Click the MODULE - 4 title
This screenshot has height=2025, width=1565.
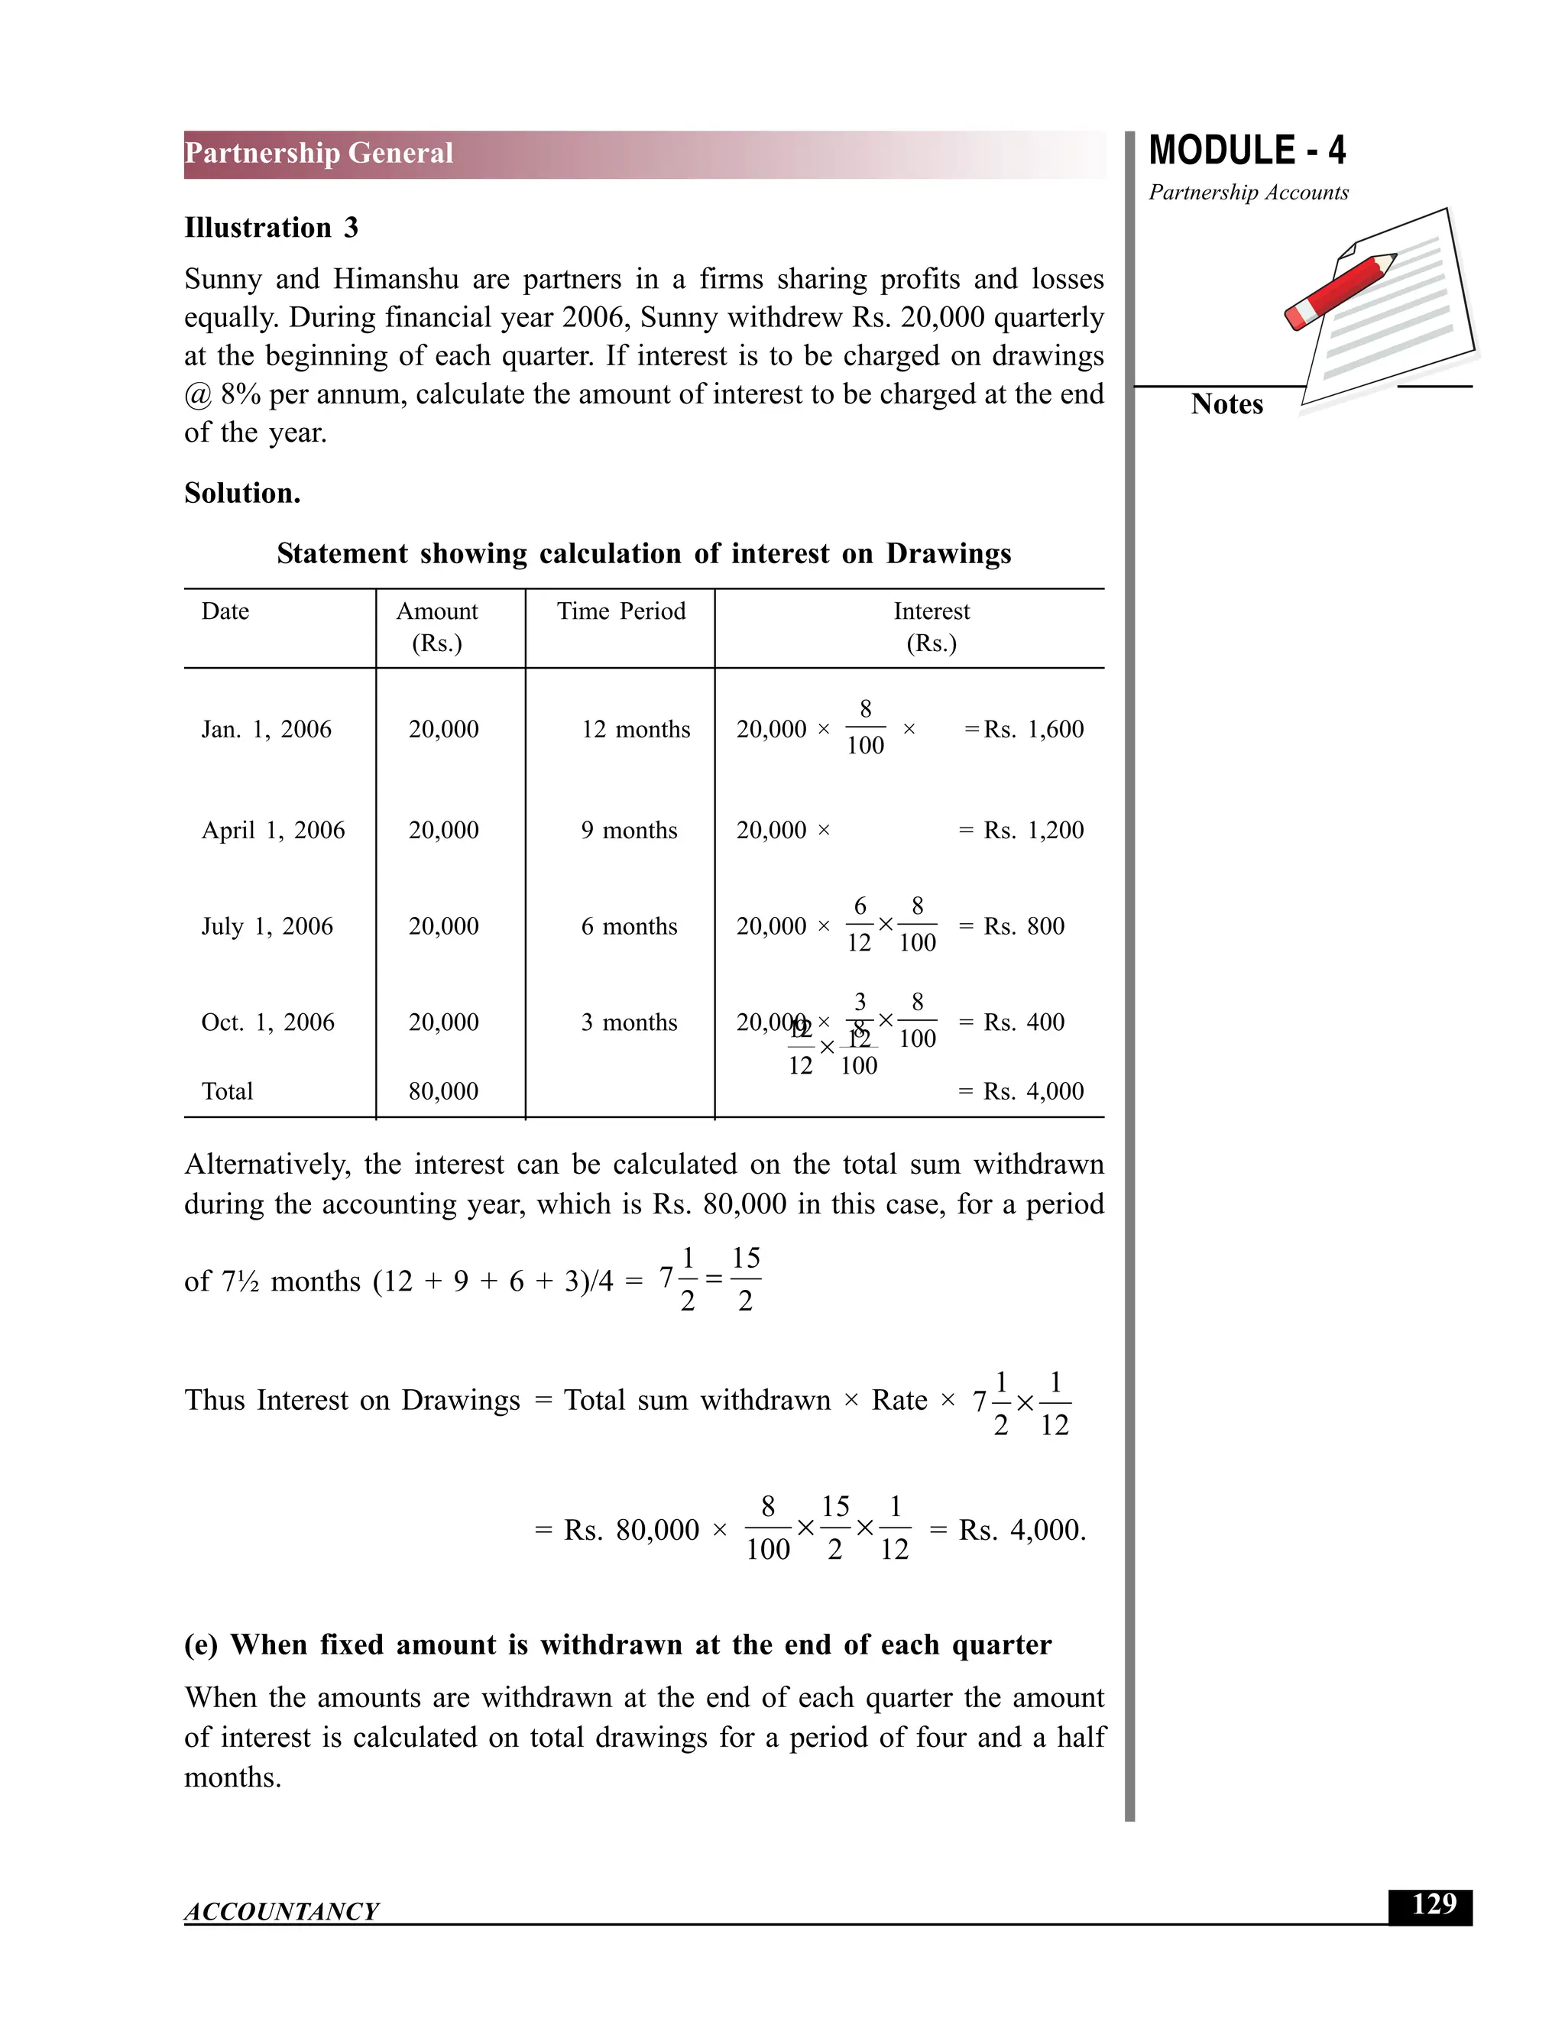click(x=1246, y=151)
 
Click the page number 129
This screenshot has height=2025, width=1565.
click(x=1433, y=1904)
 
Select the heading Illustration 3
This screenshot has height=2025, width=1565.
click(x=271, y=228)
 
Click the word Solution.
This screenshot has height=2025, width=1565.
click(x=242, y=494)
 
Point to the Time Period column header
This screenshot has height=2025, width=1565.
click(x=620, y=612)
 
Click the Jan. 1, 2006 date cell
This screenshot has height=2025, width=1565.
click(x=266, y=730)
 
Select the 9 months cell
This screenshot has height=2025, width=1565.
click(x=629, y=831)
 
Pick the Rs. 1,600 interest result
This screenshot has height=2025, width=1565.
click(x=1033, y=730)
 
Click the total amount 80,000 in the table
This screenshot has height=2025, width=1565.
click(x=443, y=1091)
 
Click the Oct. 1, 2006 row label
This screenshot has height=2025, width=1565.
click(x=267, y=1022)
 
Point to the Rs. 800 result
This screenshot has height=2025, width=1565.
click(x=1023, y=926)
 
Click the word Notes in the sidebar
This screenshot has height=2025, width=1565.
click(x=1226, y=404)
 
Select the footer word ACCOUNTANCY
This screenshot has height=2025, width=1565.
click(x=281, y=1911)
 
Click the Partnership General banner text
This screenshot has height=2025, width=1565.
click(x=319, y=153)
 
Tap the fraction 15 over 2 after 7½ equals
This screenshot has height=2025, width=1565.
click(x=745, y=1279)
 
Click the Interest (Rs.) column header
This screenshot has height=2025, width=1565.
click(x=931, y=627)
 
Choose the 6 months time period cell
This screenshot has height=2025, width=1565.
click(x=629, y=926)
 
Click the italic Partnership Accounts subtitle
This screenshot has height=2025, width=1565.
click(x=1248, y=193)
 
